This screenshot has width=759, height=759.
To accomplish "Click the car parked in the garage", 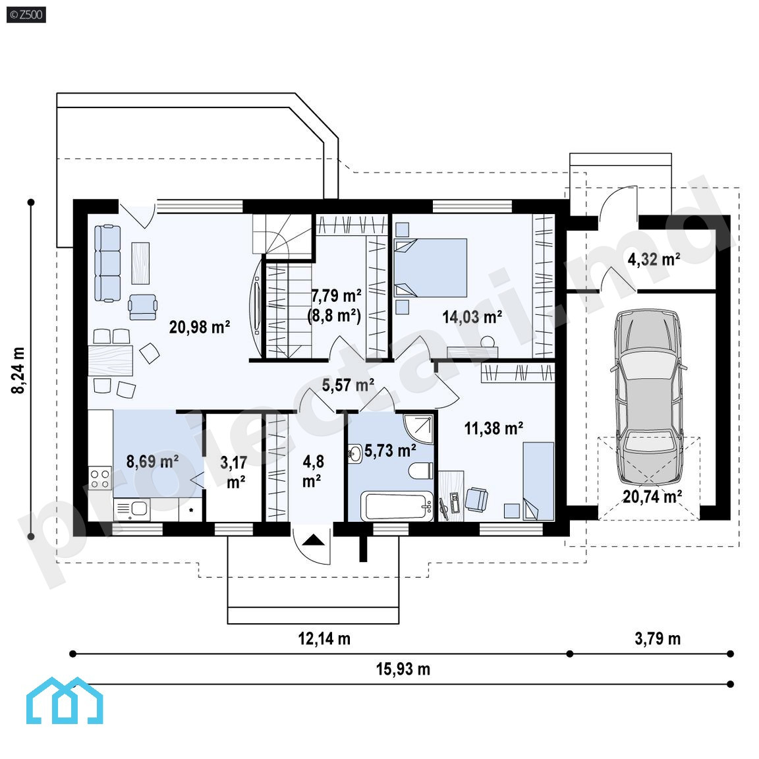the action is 648,397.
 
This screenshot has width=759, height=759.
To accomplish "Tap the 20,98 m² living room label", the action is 200,327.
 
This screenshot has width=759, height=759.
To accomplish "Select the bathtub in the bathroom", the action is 397,506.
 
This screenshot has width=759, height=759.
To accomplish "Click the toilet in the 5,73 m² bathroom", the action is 420,470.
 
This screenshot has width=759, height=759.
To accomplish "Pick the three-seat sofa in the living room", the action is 107,263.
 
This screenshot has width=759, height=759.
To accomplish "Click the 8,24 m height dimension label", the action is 18,370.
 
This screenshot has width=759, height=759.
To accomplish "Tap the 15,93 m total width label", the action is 403,669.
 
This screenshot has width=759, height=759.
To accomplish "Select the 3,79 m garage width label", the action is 658,638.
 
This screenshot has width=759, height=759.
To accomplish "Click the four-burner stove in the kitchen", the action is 99,478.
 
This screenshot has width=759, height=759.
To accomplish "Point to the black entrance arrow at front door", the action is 314,540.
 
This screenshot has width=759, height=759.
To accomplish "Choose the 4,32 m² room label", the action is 654,260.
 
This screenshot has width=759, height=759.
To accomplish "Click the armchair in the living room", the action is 143,307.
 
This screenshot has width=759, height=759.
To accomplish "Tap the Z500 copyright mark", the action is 26,14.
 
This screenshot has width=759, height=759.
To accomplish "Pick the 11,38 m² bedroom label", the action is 493,428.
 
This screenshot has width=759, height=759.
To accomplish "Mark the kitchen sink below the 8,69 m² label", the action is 132,509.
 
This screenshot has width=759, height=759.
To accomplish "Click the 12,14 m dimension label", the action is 324,638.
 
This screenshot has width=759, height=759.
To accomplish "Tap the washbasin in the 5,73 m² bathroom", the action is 355,454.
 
